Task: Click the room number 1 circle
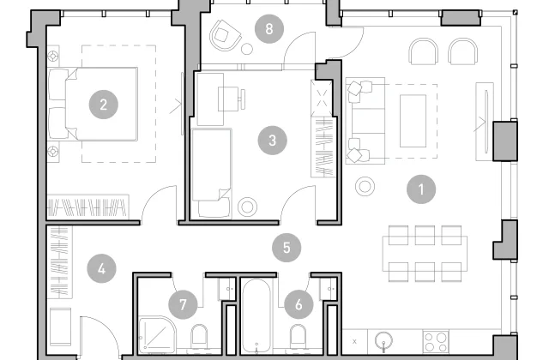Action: pos(421,189)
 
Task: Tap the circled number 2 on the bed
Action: pos(103,105)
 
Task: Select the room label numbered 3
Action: pos(273,141)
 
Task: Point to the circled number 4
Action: pos(101,268)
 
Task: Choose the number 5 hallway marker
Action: pos(287,248)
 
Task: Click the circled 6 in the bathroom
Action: pos(299,304)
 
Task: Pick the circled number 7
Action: pos(183,304)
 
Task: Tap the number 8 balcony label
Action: pos(268,28)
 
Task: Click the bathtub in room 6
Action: pos(256,315)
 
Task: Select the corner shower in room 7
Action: pos(157,334)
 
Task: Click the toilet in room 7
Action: pos(199,337)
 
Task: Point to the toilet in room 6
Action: pos(298,337)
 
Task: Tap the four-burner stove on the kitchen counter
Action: pos(436,342)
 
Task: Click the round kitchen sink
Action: pos(383,340)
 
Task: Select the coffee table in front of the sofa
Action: pos(413,121)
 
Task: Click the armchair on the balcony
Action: pos(226,35)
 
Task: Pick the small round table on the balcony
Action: pos(247,49)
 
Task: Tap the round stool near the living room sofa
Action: pos(365,187)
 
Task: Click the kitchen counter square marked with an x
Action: pos(354,341)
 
